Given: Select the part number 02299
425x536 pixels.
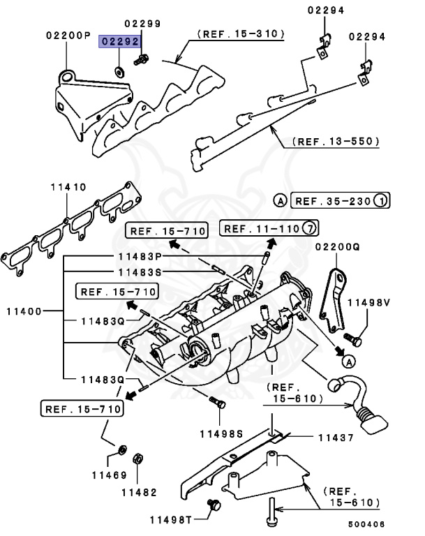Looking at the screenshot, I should pyautogui.click(x=143, y=23).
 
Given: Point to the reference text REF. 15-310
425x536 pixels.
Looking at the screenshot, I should pyautogui.click(x=241, y=33).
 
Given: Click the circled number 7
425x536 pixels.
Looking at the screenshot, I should pyautogui.click(x=311, y=228).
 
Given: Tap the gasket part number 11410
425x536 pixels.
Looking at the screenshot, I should pyautogui.click(x=68, y=187).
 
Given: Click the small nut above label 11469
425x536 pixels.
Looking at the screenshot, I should pyautogui.click(x=122, y=449).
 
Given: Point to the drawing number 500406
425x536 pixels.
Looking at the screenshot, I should pyautogui.click(x=366, y=524).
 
